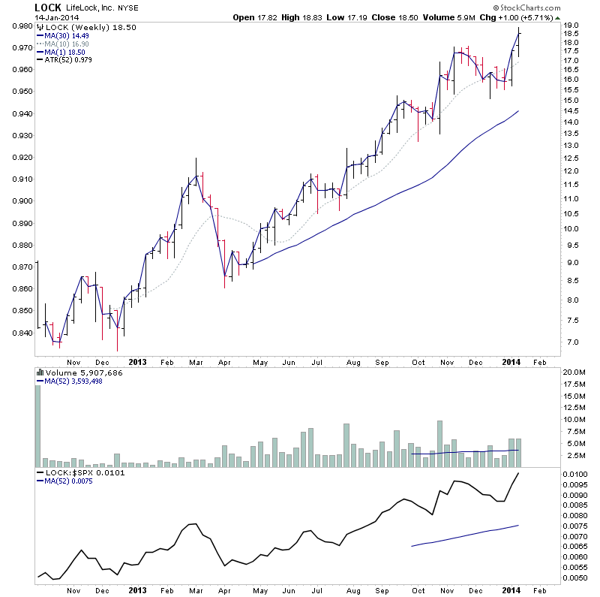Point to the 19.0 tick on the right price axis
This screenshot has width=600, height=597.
click(571, 26)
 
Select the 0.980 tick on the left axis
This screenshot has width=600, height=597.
click(21, 26)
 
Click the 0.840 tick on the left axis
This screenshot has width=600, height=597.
click(21, 333)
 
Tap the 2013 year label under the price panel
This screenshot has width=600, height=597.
click(138, 362)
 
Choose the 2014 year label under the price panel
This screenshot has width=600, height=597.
click(511, 362)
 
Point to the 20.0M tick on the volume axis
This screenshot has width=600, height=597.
click(574, 372)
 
